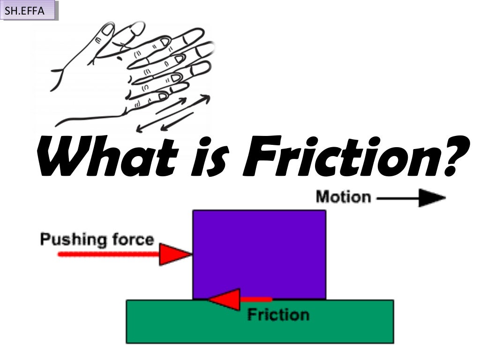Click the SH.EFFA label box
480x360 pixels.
pyautogui.click(x=30, y=10)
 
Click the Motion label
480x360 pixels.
pyautogui.click(x=343, y=196)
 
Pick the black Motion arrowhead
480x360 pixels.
pyautogui.click(x=432, y=198)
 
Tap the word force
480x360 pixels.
pyautogui.click(x=133, y=240)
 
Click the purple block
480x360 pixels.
pyautogui.click(x=259, y=253)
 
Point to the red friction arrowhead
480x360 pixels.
pyautogui.click(x=225, y=299)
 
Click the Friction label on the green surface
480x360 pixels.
pyautogui.click(x=278, y=314)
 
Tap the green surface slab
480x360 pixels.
pyautogui.click(x=187, y=323)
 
